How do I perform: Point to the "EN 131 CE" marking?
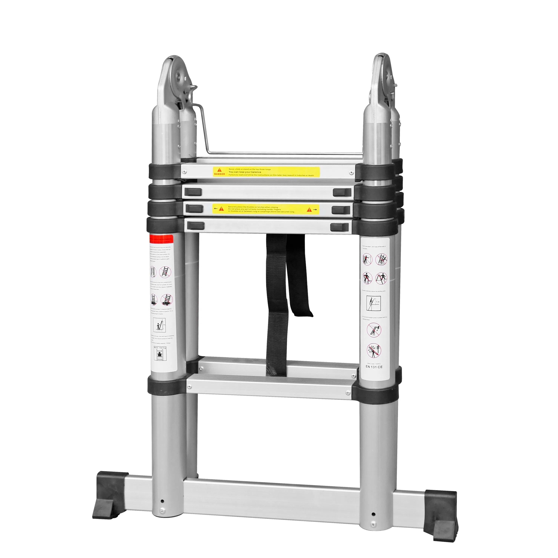[374, 367]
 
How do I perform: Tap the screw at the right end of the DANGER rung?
[351, 173]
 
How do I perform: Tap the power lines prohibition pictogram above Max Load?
[374, 350]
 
